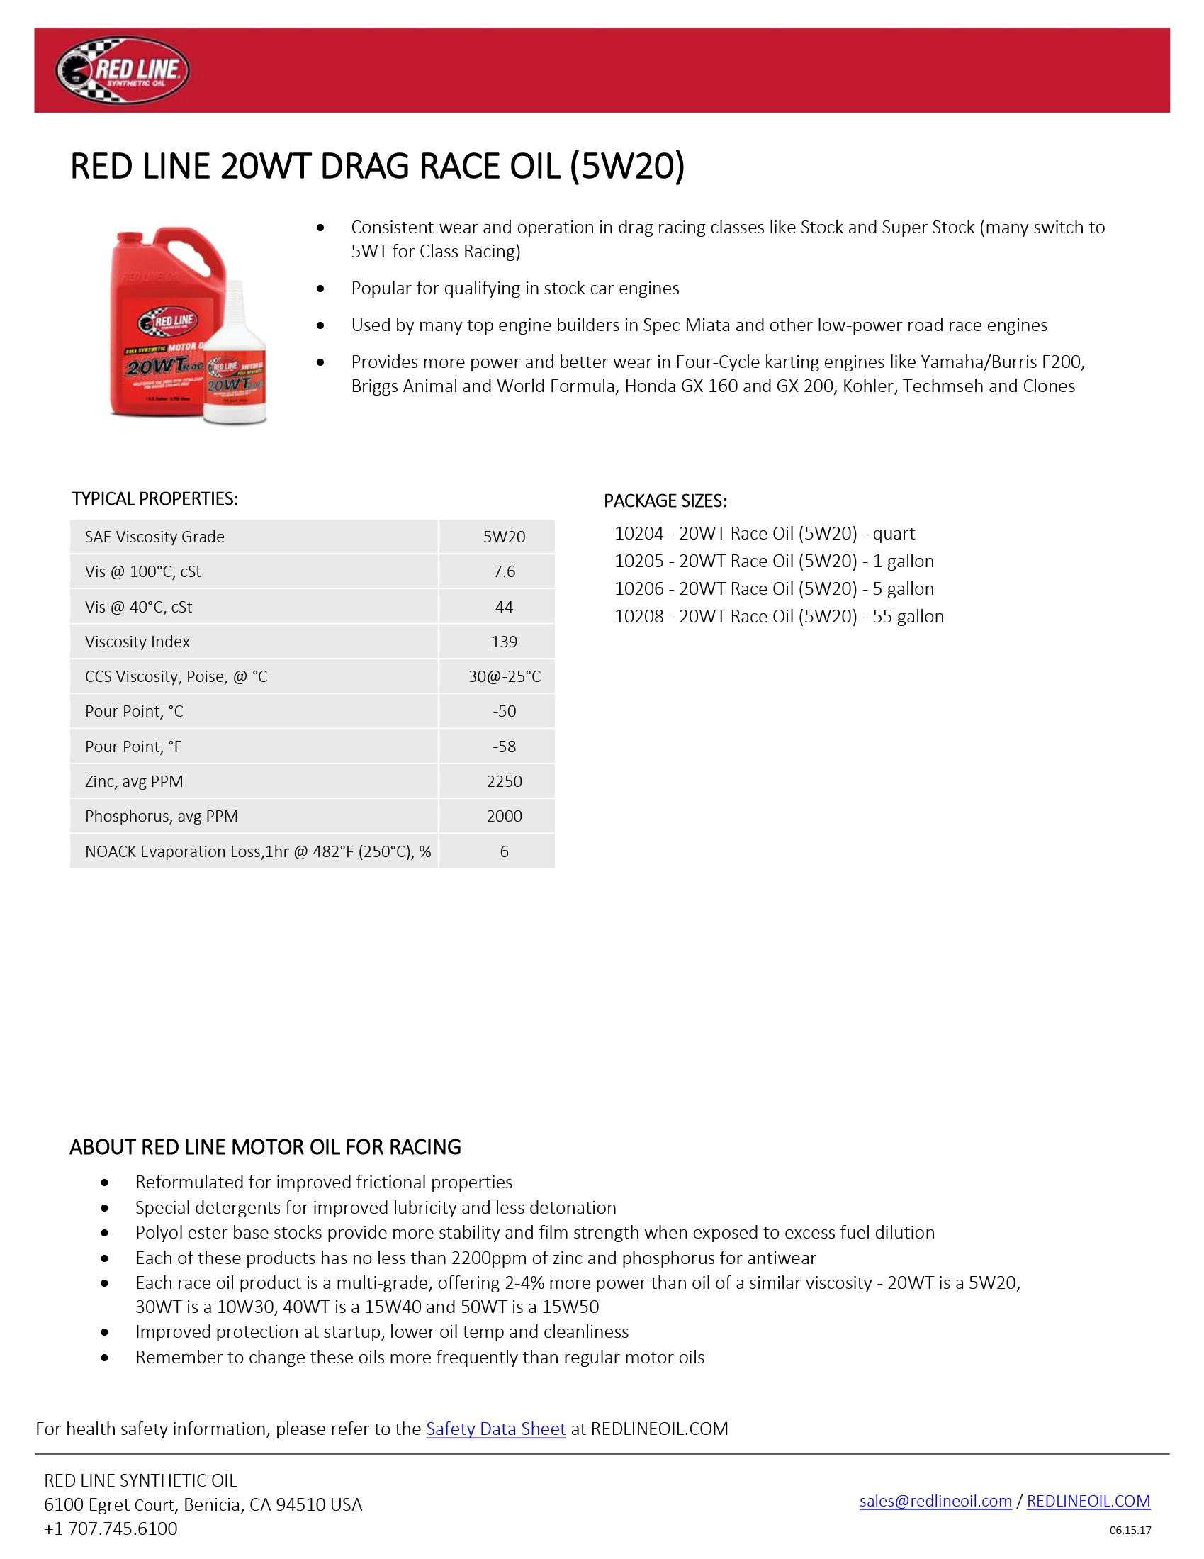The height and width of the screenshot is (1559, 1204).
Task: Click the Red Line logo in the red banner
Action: coord(122,71)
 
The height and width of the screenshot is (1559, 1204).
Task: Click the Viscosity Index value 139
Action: coord(504,642)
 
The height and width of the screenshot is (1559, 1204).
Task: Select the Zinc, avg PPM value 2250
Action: coord(504,781)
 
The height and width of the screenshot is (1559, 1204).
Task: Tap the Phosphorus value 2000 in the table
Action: coord(504,816)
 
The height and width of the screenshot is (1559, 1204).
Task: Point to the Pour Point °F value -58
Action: coord(504,747)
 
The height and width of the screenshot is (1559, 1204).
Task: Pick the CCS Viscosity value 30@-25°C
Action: coord(504,676)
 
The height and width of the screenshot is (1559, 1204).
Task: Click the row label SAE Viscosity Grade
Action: coord(154,537)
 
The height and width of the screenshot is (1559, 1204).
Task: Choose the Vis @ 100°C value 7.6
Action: coord(504,572)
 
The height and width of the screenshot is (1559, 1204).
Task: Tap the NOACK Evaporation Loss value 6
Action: coord(504,851)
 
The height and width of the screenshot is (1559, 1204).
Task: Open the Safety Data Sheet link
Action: coord(495,1429)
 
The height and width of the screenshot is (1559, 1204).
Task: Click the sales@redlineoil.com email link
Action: coord(935,1501)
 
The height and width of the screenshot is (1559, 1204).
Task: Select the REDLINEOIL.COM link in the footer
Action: coord(1088,1501)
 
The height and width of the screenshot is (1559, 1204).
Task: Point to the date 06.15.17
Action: coord(1130,1531)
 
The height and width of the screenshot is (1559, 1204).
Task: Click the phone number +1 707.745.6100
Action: coord(111,1529)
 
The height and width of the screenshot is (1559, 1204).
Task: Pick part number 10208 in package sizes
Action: coord(638,617)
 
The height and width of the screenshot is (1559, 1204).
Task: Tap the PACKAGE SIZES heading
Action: coord(665,501)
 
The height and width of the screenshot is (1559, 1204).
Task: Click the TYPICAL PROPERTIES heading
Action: coord(155,499)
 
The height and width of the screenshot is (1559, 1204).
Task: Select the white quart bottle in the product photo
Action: coord(235,364)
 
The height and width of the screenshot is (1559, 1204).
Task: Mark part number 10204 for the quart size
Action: coord(638,534)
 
